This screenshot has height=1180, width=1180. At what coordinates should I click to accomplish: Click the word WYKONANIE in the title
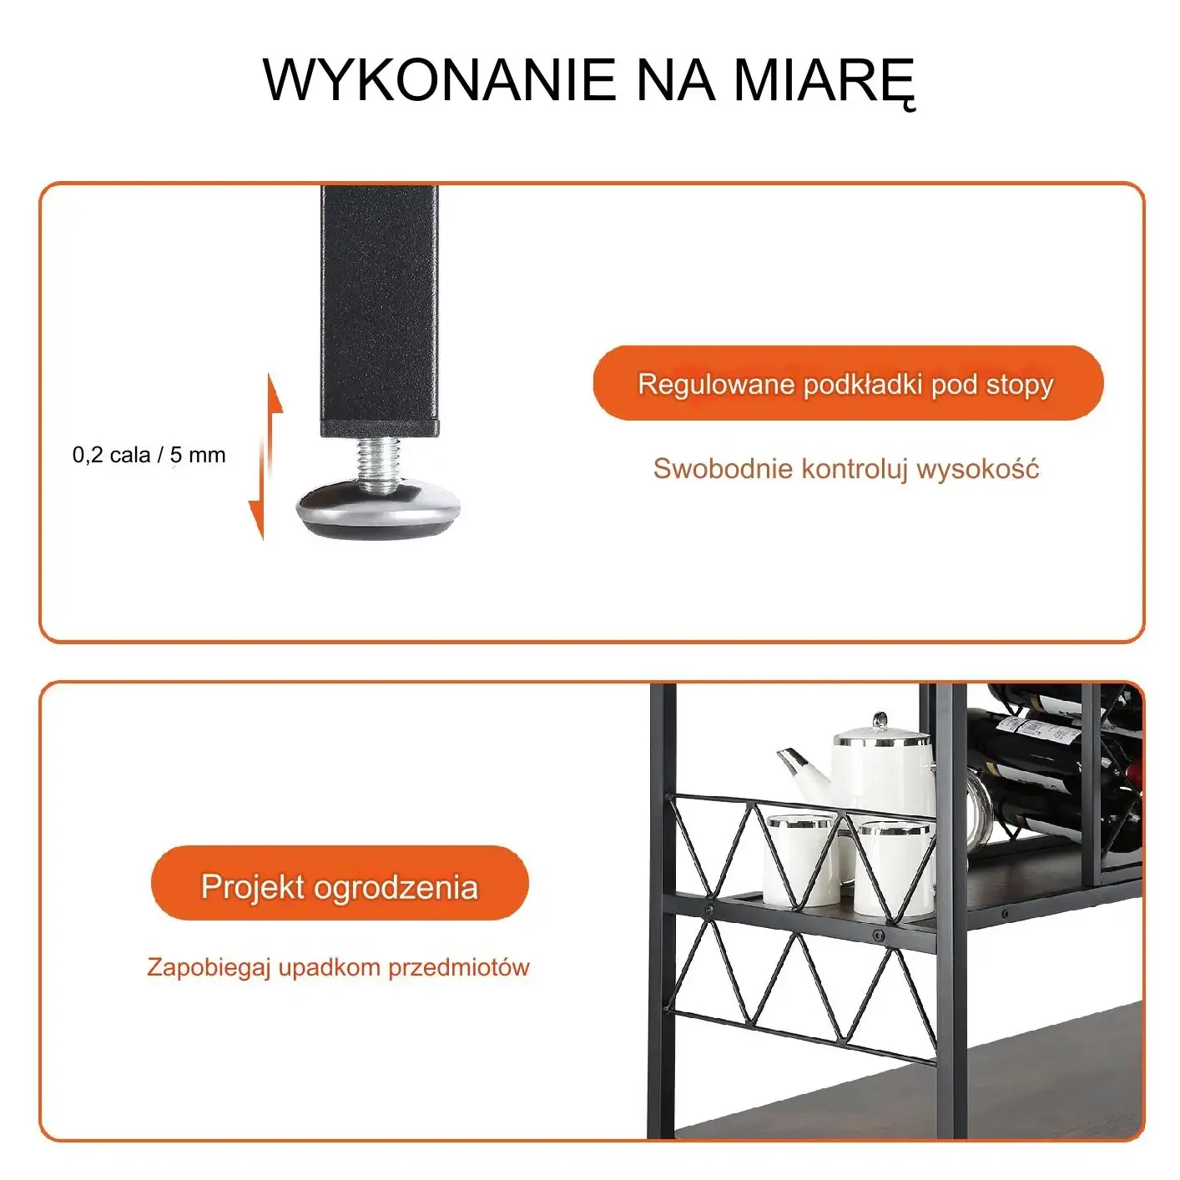440,79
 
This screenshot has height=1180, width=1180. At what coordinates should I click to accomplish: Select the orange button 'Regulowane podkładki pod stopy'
848,383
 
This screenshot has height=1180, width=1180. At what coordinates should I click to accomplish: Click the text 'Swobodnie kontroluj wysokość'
845,468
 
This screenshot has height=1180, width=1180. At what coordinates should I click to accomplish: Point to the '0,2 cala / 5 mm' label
149,455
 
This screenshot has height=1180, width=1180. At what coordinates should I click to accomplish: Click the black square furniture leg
380,311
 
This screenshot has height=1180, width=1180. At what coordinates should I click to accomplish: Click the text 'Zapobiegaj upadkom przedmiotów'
338,967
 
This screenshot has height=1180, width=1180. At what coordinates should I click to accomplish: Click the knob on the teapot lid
880,721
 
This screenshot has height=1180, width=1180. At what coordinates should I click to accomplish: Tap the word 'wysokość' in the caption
978,468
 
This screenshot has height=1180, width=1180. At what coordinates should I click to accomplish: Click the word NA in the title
675,79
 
